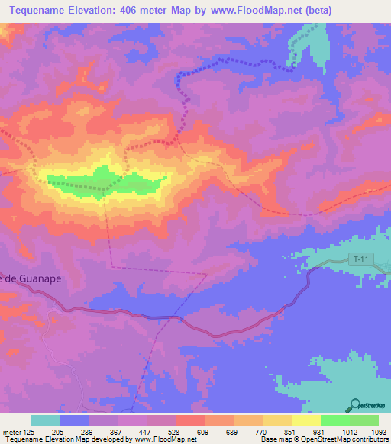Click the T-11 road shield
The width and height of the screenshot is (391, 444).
361,260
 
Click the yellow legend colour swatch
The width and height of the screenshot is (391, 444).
305,420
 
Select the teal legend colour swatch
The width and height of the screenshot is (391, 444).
45,420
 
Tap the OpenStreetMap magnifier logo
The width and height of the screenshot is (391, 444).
354,404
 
